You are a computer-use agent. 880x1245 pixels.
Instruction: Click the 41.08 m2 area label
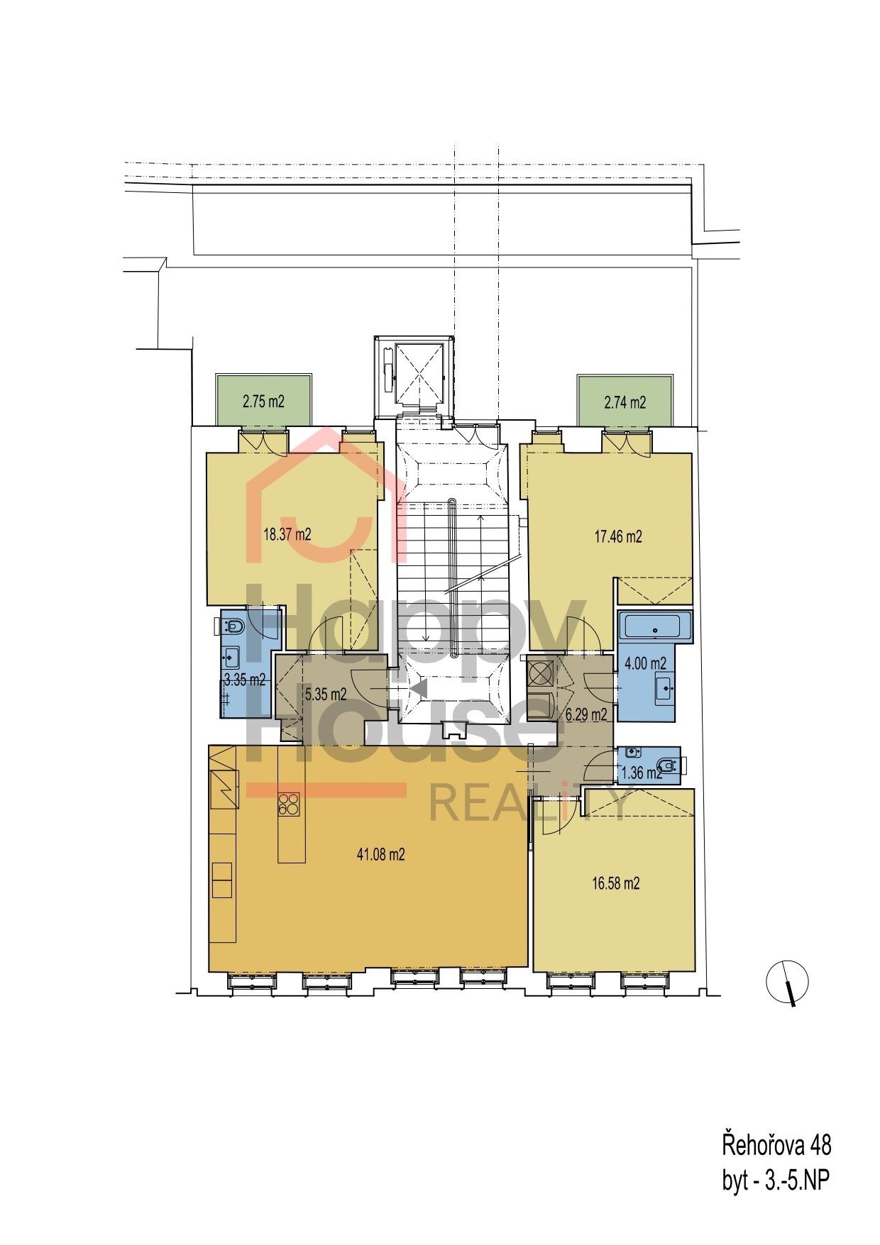(380, 854)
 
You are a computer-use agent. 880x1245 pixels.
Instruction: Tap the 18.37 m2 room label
(287, 535)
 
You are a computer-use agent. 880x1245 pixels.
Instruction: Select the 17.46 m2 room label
(618, 536)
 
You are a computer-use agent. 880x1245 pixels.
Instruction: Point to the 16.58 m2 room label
(616, 884)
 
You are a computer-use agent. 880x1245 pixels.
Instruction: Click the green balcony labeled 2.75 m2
(264, 401)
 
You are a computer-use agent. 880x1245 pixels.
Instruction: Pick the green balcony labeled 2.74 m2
(625, 402)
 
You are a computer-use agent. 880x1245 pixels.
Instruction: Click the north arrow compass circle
(787, 983)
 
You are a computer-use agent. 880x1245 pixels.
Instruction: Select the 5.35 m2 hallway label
(325, 694)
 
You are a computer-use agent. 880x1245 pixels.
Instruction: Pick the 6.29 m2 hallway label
(586, 715)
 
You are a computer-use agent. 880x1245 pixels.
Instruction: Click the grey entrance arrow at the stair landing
(418, 687)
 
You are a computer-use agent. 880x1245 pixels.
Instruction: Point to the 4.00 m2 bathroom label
(645, 663)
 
